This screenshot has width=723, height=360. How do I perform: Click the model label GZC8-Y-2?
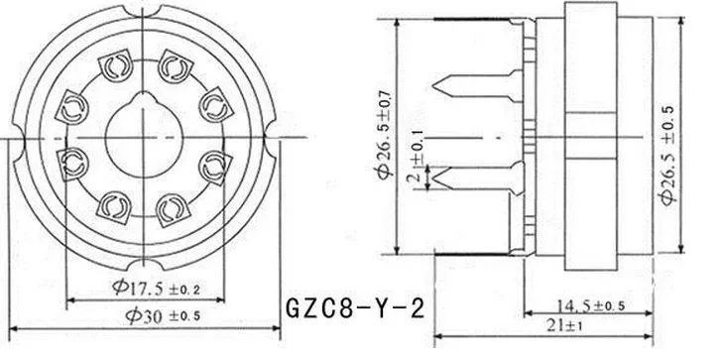pyautogui.click(x=355, y=308)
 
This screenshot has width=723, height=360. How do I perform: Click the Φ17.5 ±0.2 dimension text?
pyautogui.click(x=157, y=289)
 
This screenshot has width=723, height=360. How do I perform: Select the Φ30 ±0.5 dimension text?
pyautogui.click(x=163, y=315)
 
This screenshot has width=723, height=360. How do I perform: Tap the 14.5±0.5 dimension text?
pyautogui.click(x=591, y=305)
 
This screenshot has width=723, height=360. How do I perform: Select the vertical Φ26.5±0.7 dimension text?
pyautogui.click(x=386, y=134)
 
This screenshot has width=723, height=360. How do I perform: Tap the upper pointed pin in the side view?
pyautogui.click(x=478, y=85)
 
